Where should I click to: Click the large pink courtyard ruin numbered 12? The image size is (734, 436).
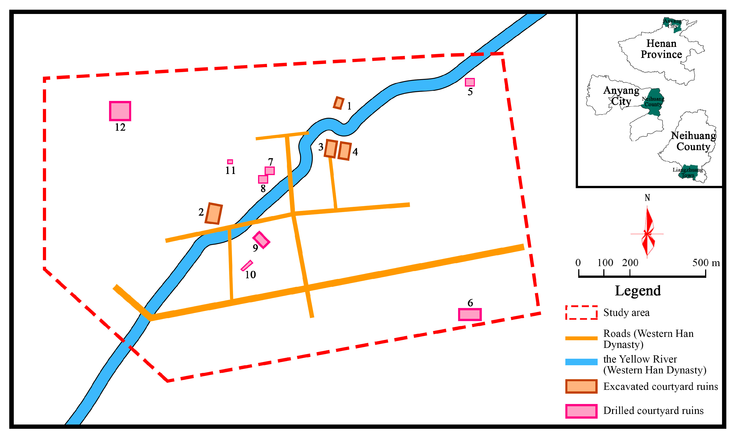(x=120, y=111)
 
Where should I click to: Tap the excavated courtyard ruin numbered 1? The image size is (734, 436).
(x=338, y=103)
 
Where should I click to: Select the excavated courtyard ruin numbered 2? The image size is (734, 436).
(x=214, y=214)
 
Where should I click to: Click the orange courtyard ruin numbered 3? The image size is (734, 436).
(x=331, y=149)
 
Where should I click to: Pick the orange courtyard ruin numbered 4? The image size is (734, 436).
(x=344, y=151)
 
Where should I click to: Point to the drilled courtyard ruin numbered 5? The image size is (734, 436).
(x=470, y=82)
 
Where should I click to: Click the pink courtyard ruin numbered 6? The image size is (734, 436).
(x=470, y=315)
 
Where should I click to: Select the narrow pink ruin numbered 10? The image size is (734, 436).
(x=247, y=266)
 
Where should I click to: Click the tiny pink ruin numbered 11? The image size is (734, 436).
(x=230, y=162)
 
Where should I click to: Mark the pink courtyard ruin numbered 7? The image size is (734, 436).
(x=270, y=171)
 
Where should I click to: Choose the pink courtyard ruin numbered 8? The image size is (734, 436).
(x=263, y=179)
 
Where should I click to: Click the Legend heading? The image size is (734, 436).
(x=638, y=291)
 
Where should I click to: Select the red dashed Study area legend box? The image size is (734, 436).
(x=581, y=312)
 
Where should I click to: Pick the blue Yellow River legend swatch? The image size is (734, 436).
(x=581, y=362)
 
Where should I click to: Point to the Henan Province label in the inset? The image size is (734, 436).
(x=661, y=49)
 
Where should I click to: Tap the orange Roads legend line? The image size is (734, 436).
(x=581, y=338)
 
